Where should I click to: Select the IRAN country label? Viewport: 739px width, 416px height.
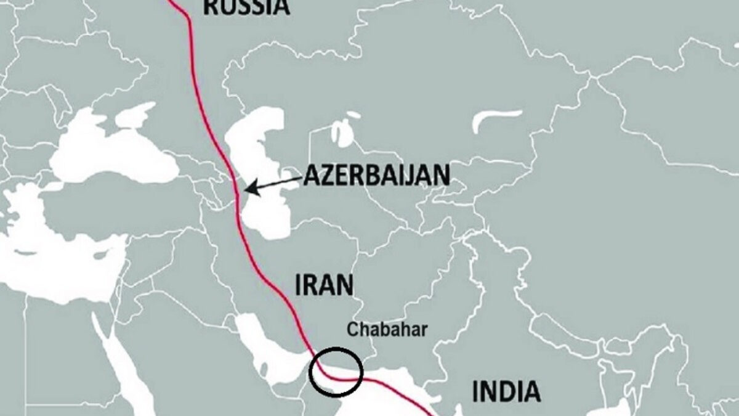tap(325, 285)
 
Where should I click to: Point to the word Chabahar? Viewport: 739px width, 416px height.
tap(387, 329)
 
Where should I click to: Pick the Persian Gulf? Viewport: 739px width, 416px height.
tap(271, 357)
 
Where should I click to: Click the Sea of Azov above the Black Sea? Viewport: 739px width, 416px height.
tap(132, 113)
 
